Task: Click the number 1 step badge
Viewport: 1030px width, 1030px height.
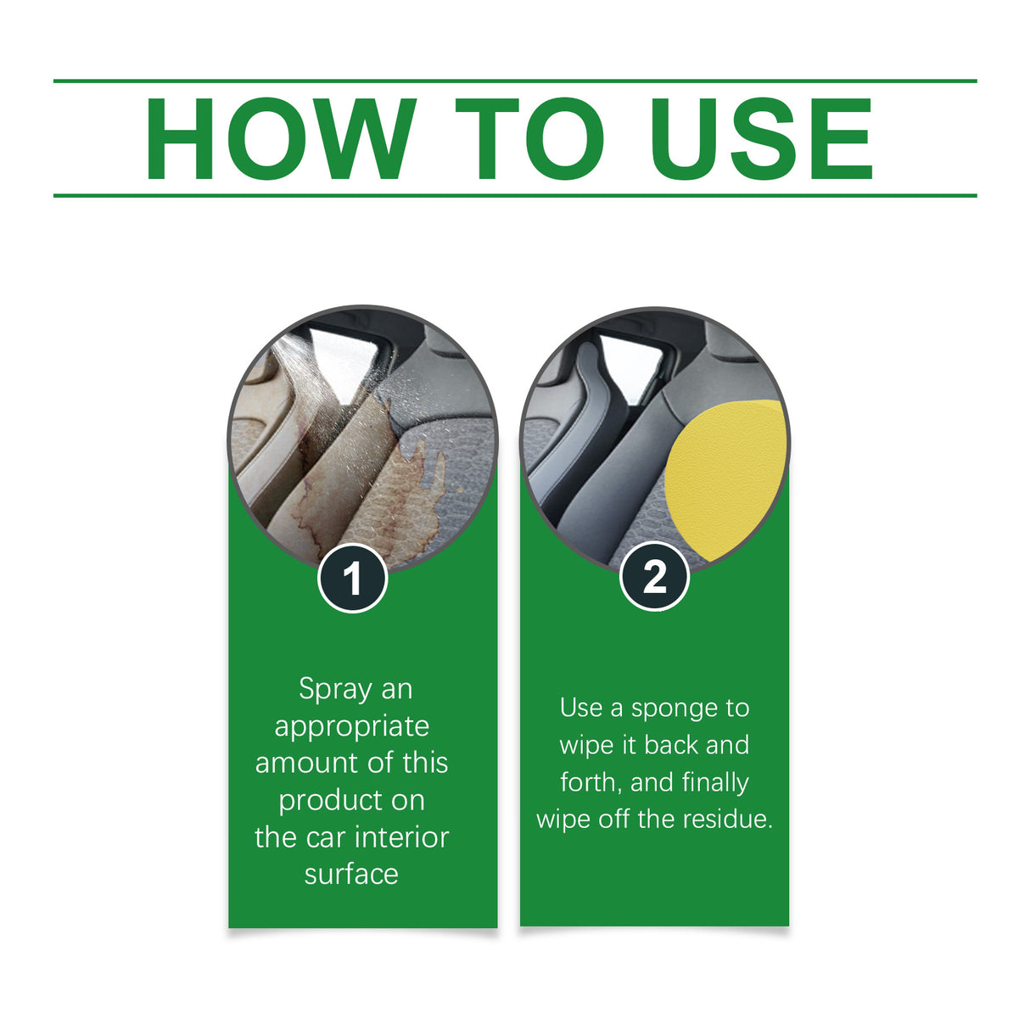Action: coord(352,579)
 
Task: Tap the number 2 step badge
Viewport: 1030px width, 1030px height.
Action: coord(654,578)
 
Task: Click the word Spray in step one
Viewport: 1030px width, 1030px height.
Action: coord(335,690)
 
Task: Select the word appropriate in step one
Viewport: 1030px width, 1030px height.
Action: coord(351,727)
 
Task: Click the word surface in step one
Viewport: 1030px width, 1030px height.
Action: coord(351,874)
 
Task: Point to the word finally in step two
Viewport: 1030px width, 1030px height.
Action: coord(714,782)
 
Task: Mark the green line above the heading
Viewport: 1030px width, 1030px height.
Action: coord(515,81)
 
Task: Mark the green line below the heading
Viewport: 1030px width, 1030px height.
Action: coord(515,195)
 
